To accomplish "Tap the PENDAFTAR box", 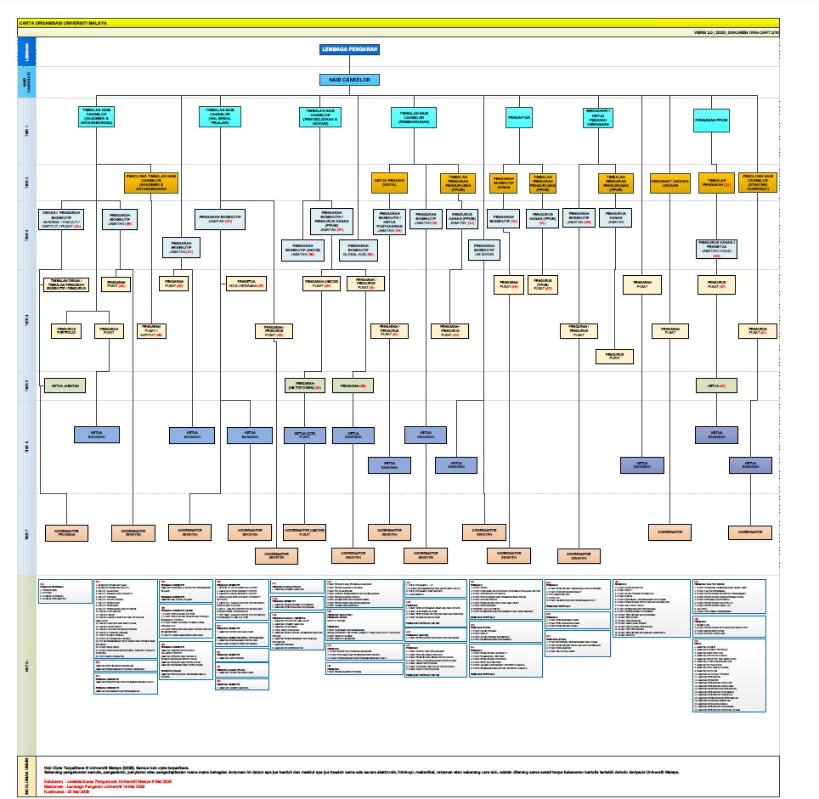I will [x=524, y=118].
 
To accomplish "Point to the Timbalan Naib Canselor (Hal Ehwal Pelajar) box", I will [x=222, y=118].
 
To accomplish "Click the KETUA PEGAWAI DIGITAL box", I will [x=389, y=183].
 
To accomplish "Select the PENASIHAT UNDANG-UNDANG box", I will [x=669, y=183].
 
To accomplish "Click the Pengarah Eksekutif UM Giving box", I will [x=485, y=250].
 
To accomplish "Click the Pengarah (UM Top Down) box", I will [x=305, y=386].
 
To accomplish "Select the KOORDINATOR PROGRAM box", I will [x=67, y=532].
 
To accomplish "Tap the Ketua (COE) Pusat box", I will [x=305, y=434].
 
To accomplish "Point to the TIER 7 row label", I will [x=26, y=533].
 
